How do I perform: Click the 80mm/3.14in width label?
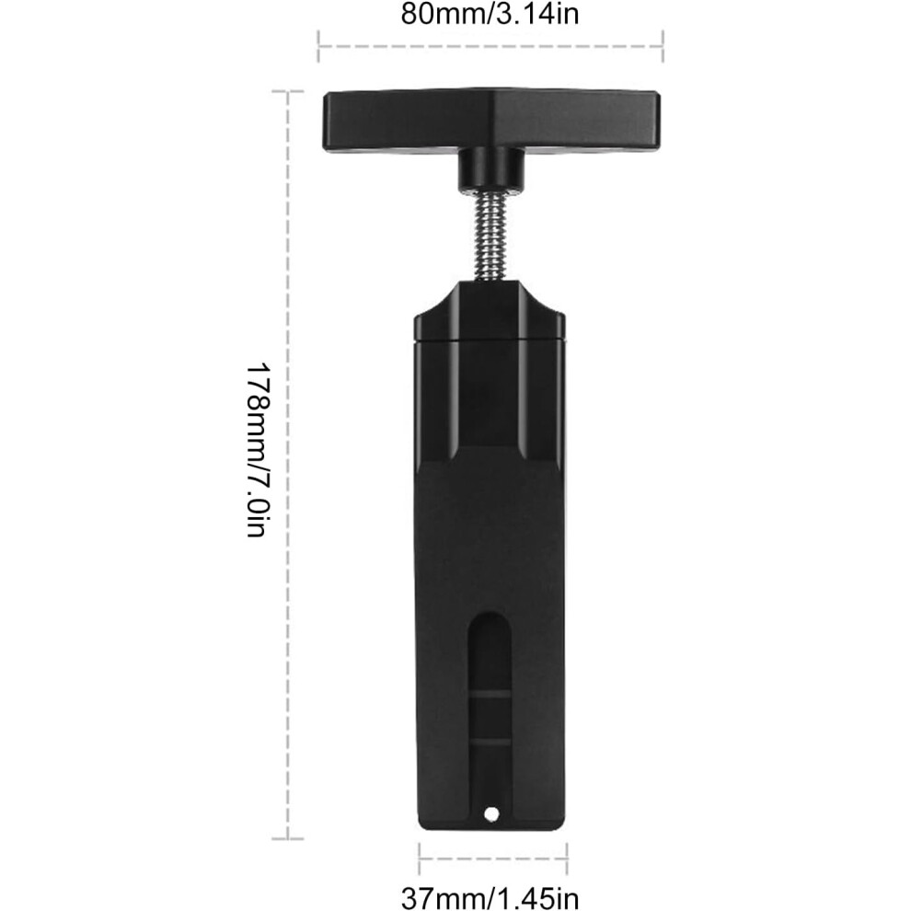[x=490, y=14]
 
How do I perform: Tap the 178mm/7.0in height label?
[x=258, y=450]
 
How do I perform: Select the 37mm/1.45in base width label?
[x=490, y=898]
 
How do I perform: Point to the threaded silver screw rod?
[x=491, y=237]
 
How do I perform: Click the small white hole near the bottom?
[x=491, y=814]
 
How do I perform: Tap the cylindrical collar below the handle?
[x=491, y=169]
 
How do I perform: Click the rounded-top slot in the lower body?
[x=490, y=711]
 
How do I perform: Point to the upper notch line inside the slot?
[x=490, y=694]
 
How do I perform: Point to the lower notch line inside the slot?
[x=490, y=742]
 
